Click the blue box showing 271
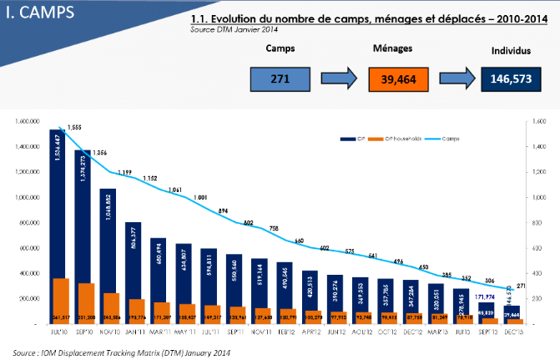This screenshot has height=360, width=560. point(279,79)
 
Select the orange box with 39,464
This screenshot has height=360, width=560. point(398,79)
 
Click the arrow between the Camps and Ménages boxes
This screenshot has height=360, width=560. point(338,79)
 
